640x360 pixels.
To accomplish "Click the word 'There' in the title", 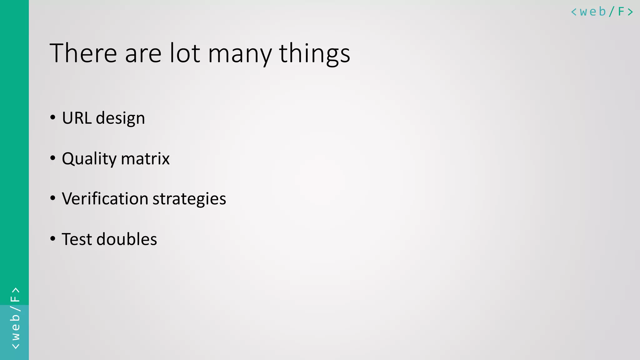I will click(83, 53).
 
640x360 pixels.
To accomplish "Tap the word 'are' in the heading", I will click(143, 54).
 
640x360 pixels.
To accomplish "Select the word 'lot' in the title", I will click(185, 53).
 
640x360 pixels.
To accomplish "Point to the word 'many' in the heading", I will click(240, 55).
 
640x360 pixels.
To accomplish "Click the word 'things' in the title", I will click(314, 54).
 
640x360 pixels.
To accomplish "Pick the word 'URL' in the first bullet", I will click(77, 118).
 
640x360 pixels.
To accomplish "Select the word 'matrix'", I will click(145, 158).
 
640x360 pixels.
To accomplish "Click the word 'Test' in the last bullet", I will click(77, 239).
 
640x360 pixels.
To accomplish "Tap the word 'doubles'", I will click(127, 239).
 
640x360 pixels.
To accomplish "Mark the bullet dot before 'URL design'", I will click(53, 117).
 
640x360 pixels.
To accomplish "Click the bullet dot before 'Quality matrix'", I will click(53, 158).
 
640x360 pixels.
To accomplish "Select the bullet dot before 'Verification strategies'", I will click(53, 198).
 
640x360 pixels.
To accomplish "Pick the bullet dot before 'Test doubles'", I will click(53, 238).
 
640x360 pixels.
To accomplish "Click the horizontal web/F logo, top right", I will click(602, 12).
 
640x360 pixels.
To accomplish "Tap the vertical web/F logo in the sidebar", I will click(15, 318).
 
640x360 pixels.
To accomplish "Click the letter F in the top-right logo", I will click(621, 12).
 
